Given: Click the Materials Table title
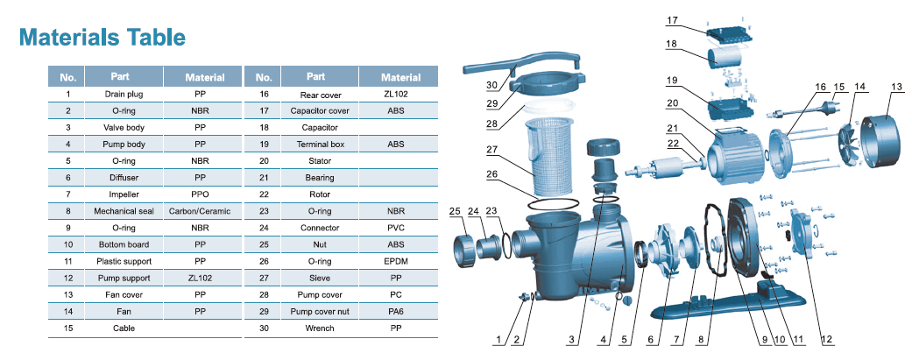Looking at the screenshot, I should (102, 37).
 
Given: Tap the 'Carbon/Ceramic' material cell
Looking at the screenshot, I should (200, 211).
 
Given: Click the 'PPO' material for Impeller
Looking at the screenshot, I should (200, 194).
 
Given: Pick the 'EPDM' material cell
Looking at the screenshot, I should (395, 261).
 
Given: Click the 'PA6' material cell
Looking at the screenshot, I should (395, 311).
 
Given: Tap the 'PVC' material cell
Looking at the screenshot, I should (395, 228).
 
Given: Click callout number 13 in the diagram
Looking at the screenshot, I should (895, 87).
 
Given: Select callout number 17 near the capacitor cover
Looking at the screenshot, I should (672, 19).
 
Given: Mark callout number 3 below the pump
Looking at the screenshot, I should (572, 339).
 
